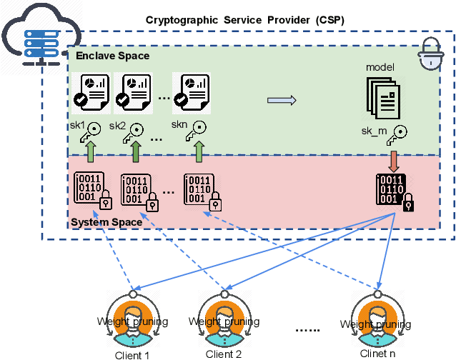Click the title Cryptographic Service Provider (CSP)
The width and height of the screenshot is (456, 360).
click(245, 20)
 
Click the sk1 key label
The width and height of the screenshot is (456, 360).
click(77, 126)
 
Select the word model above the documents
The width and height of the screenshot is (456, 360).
click(380, 67)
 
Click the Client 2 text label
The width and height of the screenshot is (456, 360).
click(224, 354)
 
